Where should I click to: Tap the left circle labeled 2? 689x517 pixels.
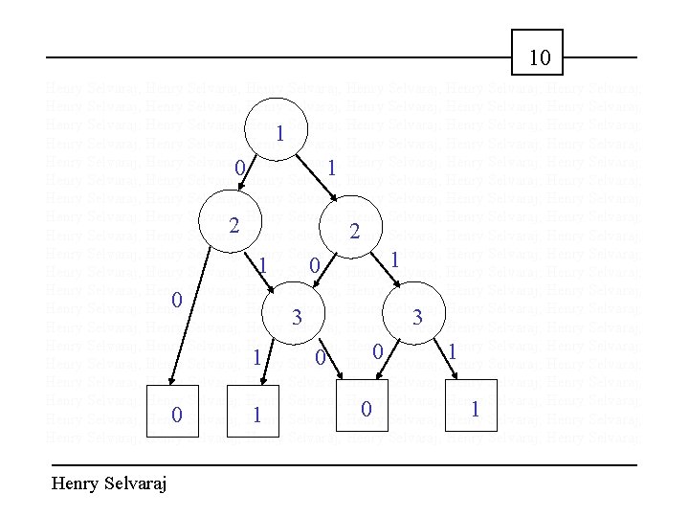[x=232, y=225]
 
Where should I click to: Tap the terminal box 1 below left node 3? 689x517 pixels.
[x=254, y=413]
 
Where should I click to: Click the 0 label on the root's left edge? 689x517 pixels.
[x=239, y=169]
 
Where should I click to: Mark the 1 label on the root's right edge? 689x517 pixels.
[x=330, y=169]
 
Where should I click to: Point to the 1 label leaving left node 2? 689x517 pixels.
[x=260, y=263]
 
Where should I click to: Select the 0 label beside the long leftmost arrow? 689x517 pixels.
[x=176, y=300]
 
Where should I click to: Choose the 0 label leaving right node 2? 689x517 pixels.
[x=313, y=263]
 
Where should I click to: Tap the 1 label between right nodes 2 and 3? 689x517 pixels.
[x=393, y=258]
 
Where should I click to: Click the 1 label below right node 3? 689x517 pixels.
[x=452, y=352]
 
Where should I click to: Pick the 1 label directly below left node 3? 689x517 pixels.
[x=256, y=357]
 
